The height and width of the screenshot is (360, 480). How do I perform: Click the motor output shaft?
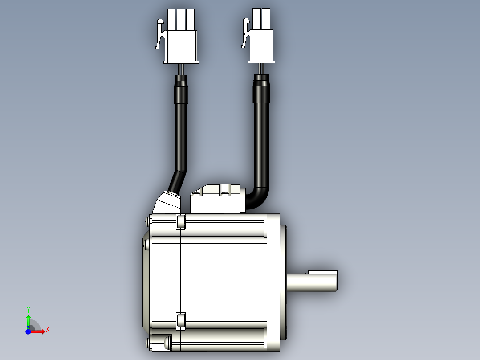point(312,282)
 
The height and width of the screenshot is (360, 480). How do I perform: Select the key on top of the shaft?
point(323,272)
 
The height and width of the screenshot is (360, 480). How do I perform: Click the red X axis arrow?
point(37,331)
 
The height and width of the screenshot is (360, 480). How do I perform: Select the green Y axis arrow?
point(28,322)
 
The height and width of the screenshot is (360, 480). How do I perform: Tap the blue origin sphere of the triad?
point(28,331)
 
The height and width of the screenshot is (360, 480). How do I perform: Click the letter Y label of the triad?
point(28,310)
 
